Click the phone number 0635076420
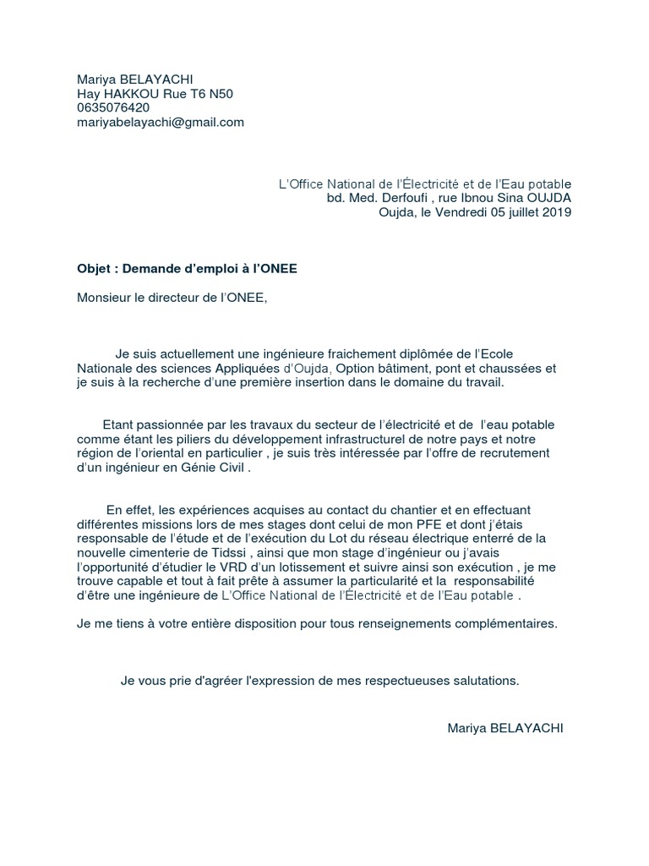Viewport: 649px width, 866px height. click(x=113, y=107)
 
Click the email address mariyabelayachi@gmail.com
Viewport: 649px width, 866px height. click(x=161, y=122)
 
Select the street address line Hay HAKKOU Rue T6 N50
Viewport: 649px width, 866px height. click(x=155, y=94)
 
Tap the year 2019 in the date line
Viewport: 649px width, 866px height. click(x=555, y=212)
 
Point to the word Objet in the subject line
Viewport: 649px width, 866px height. click(x=95, y=269)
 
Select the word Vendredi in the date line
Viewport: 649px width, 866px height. click(x=463, y=212)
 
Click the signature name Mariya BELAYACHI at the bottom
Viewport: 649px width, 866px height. click(x=504, y=727)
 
